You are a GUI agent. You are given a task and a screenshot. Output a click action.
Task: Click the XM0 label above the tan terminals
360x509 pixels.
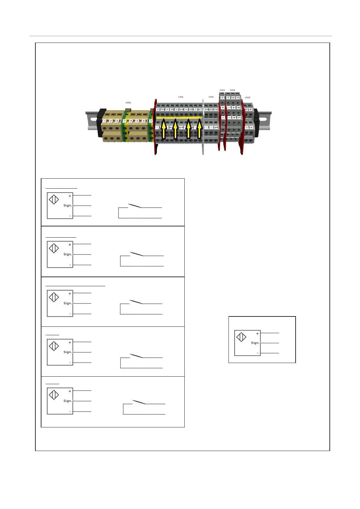point(128,103)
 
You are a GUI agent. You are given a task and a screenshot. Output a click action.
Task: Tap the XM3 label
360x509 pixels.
point(222,90)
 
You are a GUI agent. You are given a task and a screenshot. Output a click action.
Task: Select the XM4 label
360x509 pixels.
point(232,90)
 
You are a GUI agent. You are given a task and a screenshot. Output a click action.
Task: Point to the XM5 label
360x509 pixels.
point(248,97)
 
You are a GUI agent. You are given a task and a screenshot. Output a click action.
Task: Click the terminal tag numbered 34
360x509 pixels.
point(216,128)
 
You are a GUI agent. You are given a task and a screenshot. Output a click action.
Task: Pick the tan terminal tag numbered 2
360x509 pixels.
point(111,121)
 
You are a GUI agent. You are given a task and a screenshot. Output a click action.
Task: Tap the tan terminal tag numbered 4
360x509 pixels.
point(131,121)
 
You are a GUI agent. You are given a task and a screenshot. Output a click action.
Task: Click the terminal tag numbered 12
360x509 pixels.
point(238,108)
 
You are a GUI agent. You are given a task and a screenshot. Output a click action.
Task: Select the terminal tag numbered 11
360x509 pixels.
point(239,117)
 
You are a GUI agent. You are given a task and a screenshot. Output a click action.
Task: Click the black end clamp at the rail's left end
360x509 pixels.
point(101,122)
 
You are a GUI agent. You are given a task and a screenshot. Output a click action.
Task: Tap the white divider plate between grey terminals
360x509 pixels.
point(203,127)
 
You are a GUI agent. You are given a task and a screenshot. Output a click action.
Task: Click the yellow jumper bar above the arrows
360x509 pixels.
point(178,118)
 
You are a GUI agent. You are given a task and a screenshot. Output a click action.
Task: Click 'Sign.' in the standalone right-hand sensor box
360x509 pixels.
point(255,343)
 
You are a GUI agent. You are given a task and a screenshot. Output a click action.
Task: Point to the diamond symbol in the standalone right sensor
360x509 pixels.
point(241,337)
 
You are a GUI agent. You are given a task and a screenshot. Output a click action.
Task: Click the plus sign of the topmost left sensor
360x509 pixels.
point(70,196)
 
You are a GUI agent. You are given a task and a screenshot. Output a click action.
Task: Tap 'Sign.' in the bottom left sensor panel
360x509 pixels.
point(67,401)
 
